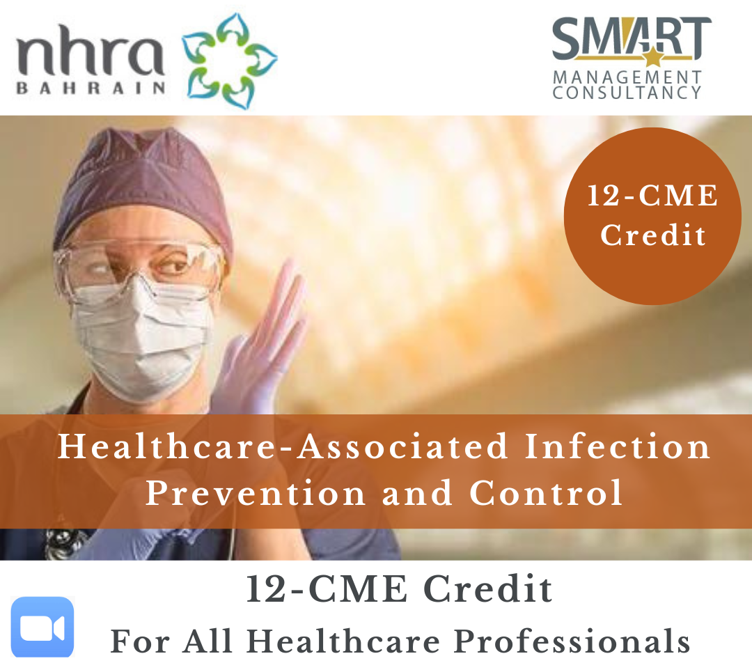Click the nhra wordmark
[x=90, y=50]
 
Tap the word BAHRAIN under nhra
[x=91, y=88]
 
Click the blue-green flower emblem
[x=229, y=61]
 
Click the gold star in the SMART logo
[x=652, y=58]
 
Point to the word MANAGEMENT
[x=627, y=77]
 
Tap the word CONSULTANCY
[x=627, y=93]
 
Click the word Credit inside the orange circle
[x=653, y=235]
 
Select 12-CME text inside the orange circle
[x=652, y=196]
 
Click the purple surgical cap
[x=144, y=187]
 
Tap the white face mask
[x=139, y=336]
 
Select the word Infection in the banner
[x=617, y=446]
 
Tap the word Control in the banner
[x=546, y=492]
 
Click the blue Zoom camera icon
[x=42, y=627]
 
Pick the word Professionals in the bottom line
[x=572, y=641]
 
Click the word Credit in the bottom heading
[x=487, y=589]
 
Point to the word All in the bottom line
[x=207, y=641]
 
